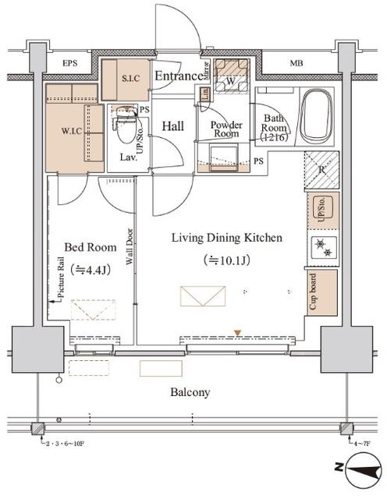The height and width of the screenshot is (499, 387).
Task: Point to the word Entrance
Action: pyautogui.click(x=178, y=76)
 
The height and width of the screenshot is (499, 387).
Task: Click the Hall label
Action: pyautogui.click(x=172, y=126)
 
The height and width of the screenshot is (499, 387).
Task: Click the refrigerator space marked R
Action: pyautogui.click(x=321, y=170)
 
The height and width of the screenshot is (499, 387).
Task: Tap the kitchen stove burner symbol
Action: pyautogui.click(x=321, y=249)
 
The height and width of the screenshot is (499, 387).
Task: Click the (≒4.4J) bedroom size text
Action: pyautogui.click(x=91, y=269)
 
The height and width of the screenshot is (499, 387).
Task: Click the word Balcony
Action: pyautogui.click(x=190, y=392)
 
